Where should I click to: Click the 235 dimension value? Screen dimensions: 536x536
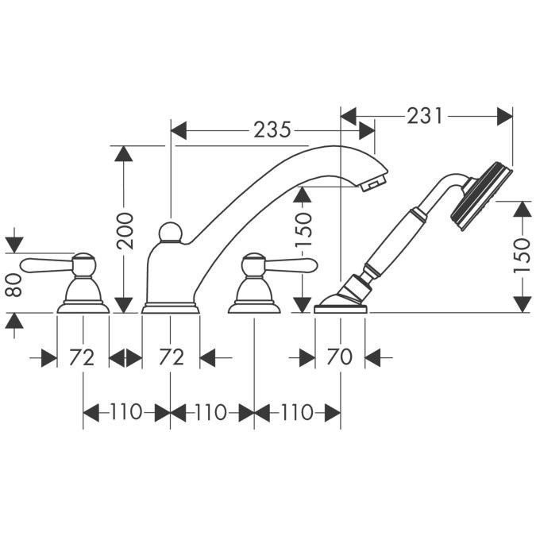(x=272, y=128)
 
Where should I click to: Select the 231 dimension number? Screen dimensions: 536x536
(x=424, y=115)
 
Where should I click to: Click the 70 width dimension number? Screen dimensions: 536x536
(x=340, y=358)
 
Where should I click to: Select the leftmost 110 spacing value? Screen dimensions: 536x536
(x=126, y=412)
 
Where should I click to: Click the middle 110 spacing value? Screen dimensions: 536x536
(x=211, y=412)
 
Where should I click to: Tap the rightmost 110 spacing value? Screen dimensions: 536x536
(x=297, y=412)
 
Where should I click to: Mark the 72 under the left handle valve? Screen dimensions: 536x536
(x=82, y=358)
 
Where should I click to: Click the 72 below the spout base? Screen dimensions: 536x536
(x=170, y=358)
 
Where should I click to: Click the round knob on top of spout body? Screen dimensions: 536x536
(x=170, y=232)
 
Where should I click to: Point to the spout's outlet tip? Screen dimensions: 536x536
(x=372, y=185)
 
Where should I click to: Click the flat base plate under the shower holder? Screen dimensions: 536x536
(x=341, y=307)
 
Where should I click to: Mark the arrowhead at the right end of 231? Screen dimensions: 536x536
(x=506, y=116)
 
